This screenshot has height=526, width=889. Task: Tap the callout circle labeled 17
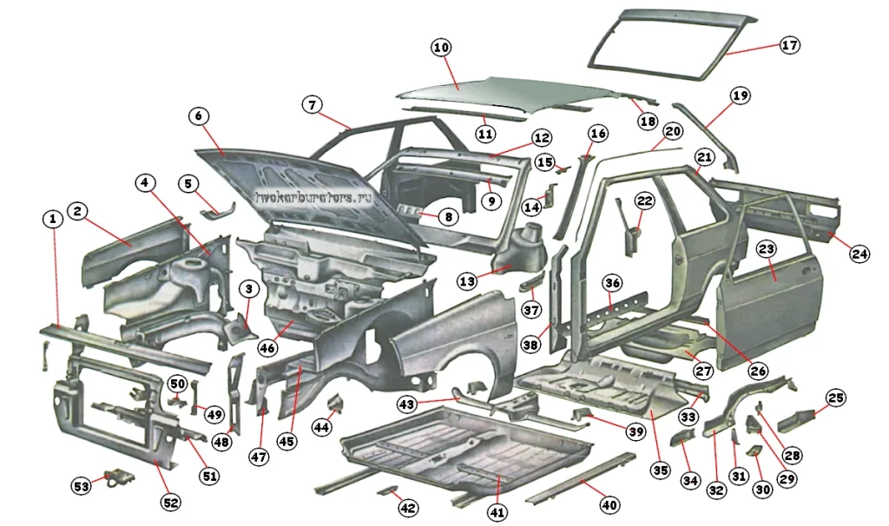tap(789, 45)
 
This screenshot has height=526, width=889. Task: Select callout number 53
tap(81, 487)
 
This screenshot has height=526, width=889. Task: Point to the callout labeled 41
tap(497, 512)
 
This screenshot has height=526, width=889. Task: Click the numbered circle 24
tap(859, 254)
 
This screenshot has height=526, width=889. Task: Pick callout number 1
tap(53, 220)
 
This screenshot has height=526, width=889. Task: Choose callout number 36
tap(613, 283)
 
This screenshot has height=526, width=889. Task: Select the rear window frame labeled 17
tap(668, 39)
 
